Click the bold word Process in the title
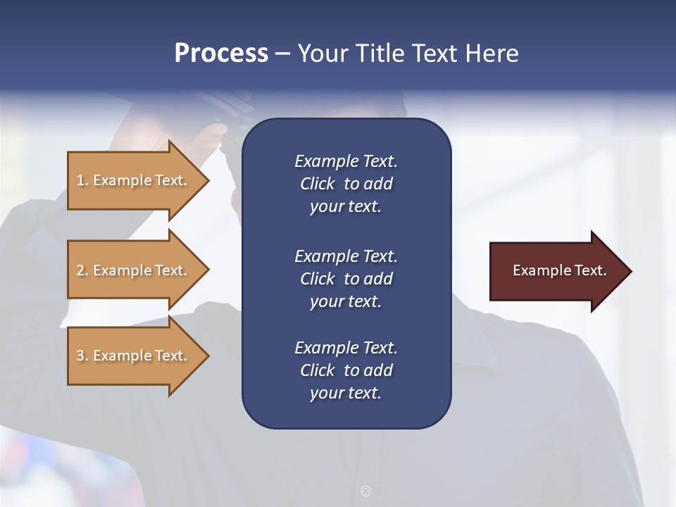coord(221,54)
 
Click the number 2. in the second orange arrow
coord(82,270)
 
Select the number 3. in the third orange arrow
coord(82,356)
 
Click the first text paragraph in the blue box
coord(346,184)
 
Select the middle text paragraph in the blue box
coord(346,279)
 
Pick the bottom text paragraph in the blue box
coord(346,370)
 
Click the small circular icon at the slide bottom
coord(365,491)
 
